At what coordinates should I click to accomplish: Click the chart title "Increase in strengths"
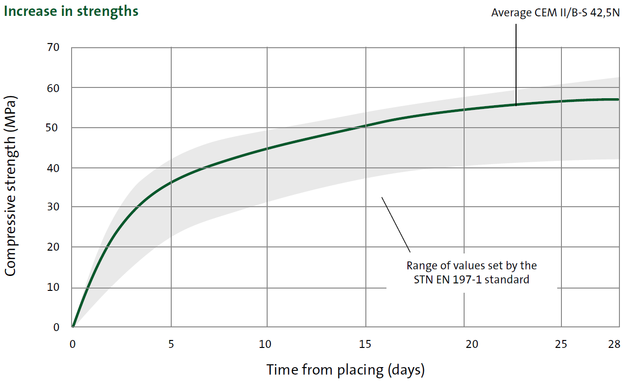[x=71, y=11]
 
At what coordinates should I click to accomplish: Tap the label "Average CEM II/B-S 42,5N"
[x=555, y=13]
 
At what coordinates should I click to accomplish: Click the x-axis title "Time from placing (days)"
[x=346, y=370]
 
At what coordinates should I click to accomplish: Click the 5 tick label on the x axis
[x=171, y=345]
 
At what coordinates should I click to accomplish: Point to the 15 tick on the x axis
[x=365, y=345]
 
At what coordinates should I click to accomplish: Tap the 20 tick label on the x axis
[x=472, y=345]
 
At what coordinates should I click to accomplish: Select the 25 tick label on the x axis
[x=561, y=345]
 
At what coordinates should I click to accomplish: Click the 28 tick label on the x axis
[x=614, y=345]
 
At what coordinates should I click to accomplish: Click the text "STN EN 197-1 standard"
[x=471, y=280]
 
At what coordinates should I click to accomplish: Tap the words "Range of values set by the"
[x=472, y=266]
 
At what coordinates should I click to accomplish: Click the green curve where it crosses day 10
[x=267, y=149]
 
